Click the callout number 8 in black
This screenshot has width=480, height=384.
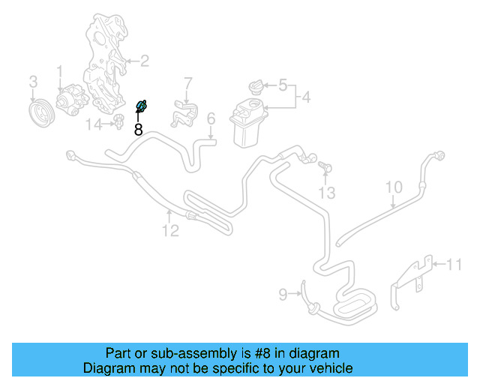tap(138, 129)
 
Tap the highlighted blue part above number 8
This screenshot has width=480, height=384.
tap(140, 107)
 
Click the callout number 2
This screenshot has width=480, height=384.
tap(144, 61)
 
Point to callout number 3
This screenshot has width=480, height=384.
tap(33, 80)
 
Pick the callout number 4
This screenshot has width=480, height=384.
tap(305, 97)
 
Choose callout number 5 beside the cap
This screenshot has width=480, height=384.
tap(283, 85)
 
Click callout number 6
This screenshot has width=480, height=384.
tap(211, 118)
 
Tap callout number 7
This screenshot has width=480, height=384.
tap(188, 82)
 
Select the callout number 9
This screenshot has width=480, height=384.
tap(283, 295)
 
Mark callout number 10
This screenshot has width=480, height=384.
tap(394, 187)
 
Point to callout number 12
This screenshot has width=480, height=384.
tap(171, 230)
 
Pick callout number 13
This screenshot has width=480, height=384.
tap(325, 193)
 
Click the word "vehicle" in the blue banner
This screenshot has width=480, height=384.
tap(327, 368)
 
